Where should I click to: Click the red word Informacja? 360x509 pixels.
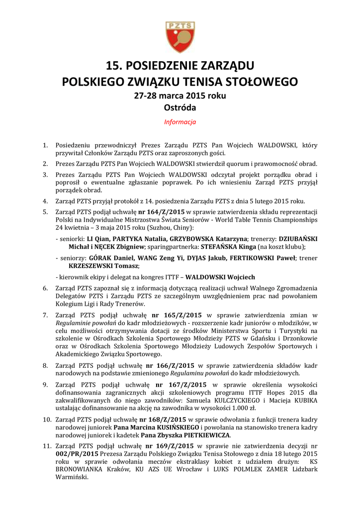click(x=180, y=122)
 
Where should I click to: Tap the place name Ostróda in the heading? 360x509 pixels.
click(x=180, y=107)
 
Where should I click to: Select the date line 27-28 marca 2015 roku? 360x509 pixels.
click(x=180, y=95)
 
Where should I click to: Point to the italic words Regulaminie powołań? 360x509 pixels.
click(x=87, y=323)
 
